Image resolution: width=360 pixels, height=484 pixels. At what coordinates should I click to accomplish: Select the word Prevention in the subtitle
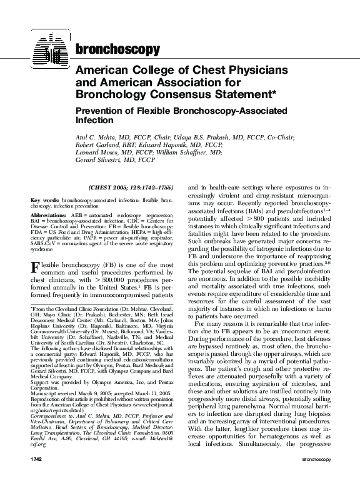pyautogui.click(x=103, y=109)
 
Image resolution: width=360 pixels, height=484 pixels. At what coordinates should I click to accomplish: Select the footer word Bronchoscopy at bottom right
pyautogui.click(x=320, y=476)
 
